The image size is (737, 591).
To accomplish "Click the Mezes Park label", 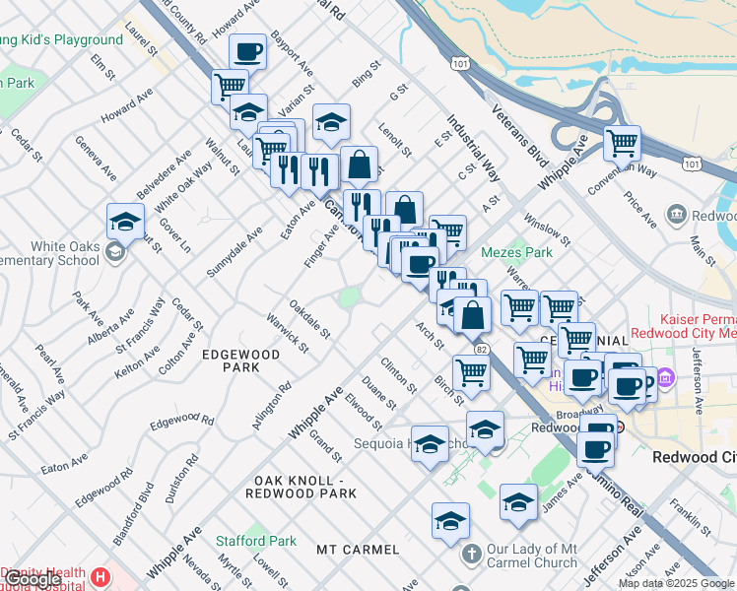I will point(516,252).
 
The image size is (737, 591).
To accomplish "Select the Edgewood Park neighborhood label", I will point(230,360).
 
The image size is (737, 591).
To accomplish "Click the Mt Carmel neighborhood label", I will point(358,549).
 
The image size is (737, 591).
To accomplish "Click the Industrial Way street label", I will point(474,149).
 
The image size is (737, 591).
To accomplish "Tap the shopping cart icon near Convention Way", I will point(622,143).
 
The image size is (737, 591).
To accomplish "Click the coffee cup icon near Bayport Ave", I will point(247,51).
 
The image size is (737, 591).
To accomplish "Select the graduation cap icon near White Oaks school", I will point(125,222).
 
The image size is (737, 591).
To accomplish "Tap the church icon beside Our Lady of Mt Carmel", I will point(471,555).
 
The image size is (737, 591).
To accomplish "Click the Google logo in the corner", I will point(32,580).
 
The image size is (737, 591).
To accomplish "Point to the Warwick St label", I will point(288,332).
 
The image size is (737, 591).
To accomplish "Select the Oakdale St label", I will point(309,318).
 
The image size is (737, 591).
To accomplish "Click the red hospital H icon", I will point(100,575).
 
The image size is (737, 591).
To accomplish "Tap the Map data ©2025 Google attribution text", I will point(676,584).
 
